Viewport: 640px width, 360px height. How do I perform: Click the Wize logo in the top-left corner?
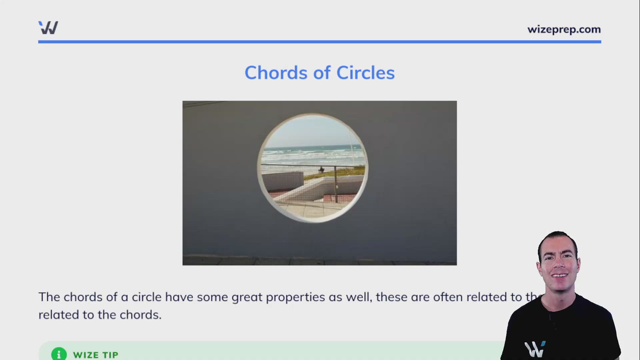(x=48, y=28)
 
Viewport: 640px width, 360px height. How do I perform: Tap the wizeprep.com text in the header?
(x=564, y=29)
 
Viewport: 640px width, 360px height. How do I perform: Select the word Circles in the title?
(x=365, y=73)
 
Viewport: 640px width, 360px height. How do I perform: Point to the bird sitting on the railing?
(x=321, y=170)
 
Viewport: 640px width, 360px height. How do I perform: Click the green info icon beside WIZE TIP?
(x=59, y=354)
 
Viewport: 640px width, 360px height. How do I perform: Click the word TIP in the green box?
(x=110, y=355)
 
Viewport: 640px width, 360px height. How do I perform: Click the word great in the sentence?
(x=247, y=297)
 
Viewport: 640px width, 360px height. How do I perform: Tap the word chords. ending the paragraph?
(x=140, y=315)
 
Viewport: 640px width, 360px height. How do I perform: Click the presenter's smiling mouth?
(x=559, y=276)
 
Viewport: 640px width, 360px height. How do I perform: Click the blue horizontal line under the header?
(x=319, y=42)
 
